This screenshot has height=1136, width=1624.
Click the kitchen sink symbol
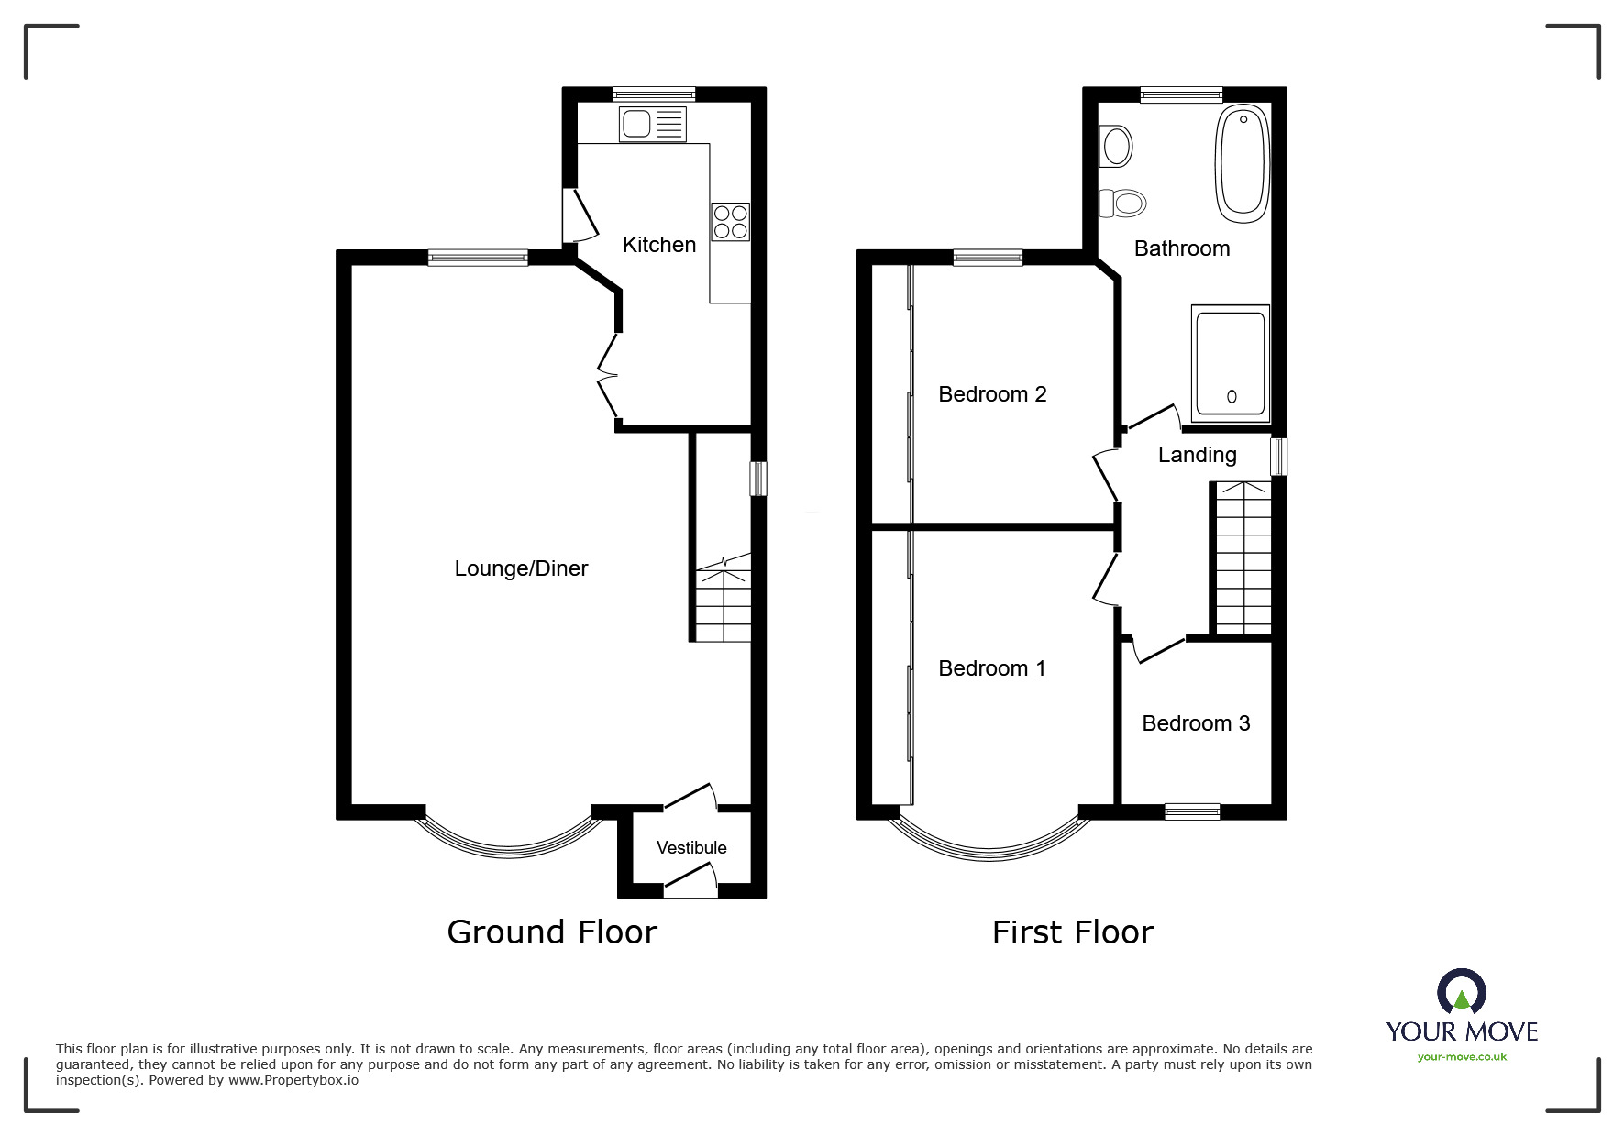pos(652,124)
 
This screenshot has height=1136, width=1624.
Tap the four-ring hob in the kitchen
pos(730,222)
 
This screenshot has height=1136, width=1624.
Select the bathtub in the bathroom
pos(1243,164)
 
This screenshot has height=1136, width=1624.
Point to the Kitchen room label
pos(658,245)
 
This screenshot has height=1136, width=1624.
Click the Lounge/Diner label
pos(521,568)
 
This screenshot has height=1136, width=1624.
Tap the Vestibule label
pos(691,848)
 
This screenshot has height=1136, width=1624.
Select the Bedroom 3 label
pos(1196,723)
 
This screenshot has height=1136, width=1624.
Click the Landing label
pos(1197,455)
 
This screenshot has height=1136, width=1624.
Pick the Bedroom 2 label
pos(992,394)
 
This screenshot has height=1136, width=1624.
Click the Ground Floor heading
pos(552,932)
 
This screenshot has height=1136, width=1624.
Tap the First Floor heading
pos(1072,932)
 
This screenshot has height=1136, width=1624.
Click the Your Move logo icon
pos(1461,993)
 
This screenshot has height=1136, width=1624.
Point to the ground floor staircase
pos(724,601)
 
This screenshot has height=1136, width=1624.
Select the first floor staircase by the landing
pos(1243,559)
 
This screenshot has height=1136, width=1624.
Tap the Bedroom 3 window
pos(1192,811)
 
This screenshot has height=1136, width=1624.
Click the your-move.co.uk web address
pos(1462,1057)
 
